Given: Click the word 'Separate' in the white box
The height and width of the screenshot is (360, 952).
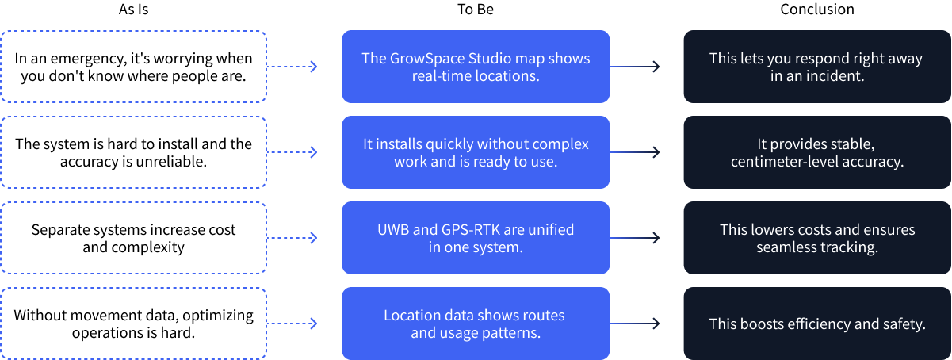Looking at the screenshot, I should coord(60,230).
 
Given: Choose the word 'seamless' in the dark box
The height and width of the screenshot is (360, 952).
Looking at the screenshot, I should coord(787,247).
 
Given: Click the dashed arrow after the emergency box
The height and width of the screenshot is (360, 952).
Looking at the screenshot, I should coord(292,67).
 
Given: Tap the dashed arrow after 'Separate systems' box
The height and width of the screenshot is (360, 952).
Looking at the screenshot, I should coord(292,238).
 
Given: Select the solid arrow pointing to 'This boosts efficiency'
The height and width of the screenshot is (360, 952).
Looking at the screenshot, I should coord(635,324).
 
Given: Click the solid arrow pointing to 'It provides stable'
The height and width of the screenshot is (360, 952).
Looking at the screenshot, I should coord(635,152).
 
